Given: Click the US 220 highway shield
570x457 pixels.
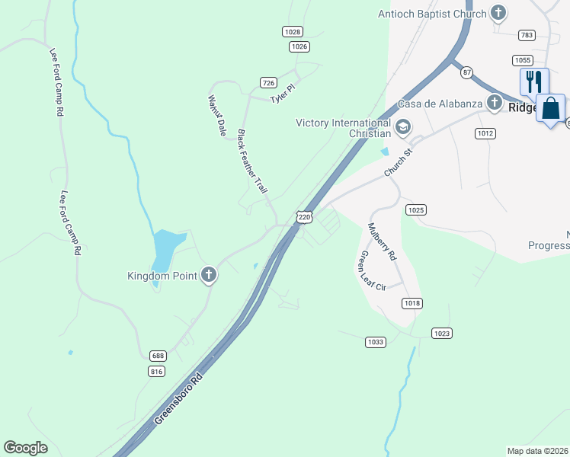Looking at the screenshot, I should pos(305,217).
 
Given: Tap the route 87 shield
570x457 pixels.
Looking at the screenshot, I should pos(466,72).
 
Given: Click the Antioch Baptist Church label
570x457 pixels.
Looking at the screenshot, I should pos(432,14).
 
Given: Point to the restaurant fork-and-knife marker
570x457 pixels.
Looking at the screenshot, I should pos(534,81).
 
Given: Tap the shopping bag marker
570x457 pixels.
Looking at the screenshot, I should pos(550,108).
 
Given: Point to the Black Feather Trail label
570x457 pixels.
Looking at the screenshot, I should pos(253,160).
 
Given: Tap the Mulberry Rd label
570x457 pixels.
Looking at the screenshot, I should pos(382,242).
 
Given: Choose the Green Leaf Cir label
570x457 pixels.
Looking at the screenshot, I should pos(373,270).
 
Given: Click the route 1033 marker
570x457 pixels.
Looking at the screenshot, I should pos(375,343).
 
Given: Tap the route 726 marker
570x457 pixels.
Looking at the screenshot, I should pos(267,82).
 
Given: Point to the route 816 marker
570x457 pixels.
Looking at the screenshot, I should pos(157,371).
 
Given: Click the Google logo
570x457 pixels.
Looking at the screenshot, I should pos(25,448).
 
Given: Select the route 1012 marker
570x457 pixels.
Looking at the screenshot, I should pos(485,133).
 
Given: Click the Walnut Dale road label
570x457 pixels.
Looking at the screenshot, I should pos(217,116).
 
